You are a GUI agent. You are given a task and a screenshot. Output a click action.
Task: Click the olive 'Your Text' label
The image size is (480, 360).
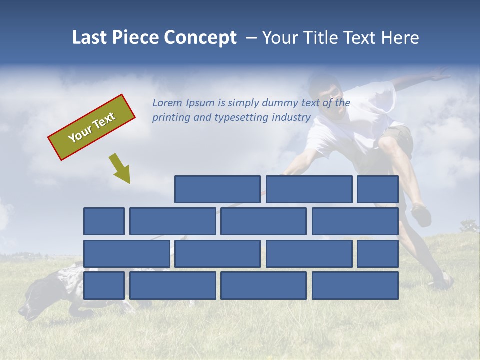91,127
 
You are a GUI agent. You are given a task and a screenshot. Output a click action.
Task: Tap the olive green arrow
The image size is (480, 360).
120,169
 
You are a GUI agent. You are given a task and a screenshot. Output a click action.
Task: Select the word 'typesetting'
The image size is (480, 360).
242,118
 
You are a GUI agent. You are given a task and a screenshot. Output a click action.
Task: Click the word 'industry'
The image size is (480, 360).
291,118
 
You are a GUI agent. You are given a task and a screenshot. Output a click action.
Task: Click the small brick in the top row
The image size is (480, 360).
378,189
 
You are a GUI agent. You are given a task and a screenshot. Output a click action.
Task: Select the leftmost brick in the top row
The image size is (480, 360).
217,189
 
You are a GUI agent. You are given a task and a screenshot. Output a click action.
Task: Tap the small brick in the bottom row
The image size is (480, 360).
104,286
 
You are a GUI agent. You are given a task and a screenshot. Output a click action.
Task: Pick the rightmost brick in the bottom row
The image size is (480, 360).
355,286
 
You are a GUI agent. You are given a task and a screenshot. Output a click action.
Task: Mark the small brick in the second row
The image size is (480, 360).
104,221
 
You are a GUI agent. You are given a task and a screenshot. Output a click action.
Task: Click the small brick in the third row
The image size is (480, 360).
378,254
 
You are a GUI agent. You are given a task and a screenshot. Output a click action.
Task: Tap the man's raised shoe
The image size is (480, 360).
421,215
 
